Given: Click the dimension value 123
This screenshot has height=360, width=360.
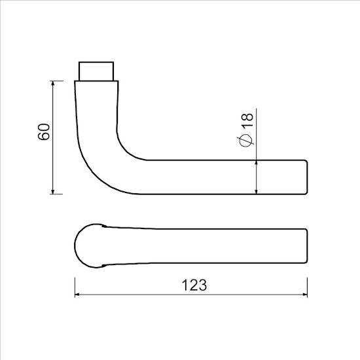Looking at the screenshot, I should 193,286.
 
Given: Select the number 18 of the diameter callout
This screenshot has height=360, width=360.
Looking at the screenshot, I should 247,120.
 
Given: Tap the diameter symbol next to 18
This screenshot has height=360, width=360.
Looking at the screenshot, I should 247,139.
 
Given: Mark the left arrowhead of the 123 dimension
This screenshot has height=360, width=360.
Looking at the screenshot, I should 79,296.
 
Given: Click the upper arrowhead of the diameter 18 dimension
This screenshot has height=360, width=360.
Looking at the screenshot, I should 256,162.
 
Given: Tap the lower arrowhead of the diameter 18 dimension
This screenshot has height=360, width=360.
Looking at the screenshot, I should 256,190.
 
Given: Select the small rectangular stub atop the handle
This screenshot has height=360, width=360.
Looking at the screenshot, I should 98,70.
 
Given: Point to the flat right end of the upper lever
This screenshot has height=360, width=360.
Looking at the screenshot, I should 307,177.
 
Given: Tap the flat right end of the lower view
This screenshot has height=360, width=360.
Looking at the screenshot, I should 307,245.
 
